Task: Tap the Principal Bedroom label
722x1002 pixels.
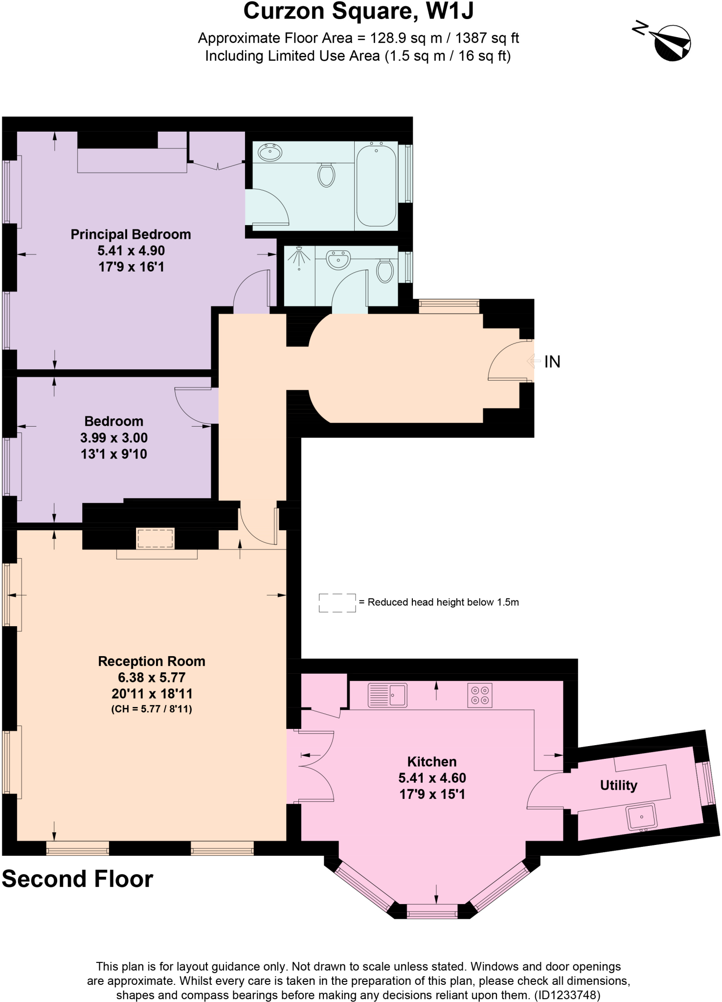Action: tap(131, 234)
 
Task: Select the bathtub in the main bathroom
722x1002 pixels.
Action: tap(376, 184)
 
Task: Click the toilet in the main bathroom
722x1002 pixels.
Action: tap(326, 174)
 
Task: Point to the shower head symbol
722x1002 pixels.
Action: tap(299, 257)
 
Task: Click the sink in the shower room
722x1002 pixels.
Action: tap(338, 259)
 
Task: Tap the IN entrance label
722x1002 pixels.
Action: tap(552, 362)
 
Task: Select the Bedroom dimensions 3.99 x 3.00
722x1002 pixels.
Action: tap(113, 438)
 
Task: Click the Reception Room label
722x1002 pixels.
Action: tap(151, 661)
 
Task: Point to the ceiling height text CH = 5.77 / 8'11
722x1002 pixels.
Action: tap(151, 709)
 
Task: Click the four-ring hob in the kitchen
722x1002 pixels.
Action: tap(479, 695)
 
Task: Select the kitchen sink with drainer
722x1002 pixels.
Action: tap(387, 695)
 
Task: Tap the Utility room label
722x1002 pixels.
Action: tap(618, 785)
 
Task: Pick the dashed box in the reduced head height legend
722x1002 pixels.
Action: tap(337, 603)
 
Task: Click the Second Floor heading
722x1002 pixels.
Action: tap(77, 879)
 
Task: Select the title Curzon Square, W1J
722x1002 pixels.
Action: tap(359, 12)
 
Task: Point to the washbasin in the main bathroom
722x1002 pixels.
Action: tap(270, 153)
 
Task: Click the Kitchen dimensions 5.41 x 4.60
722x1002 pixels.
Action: tap(432, 778)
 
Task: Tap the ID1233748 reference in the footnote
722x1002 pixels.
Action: tap(567, 995)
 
